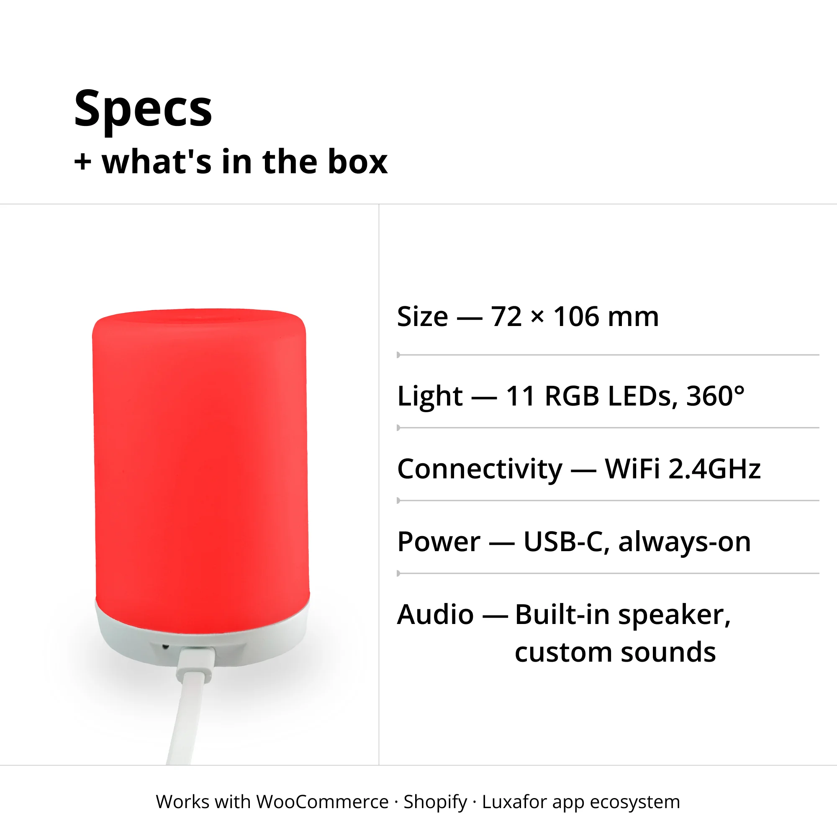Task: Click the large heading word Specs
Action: pos(143,109)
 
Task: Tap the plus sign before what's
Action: pos(83,162)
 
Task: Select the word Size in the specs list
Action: pos(422,317)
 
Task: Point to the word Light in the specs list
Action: pos(430,396)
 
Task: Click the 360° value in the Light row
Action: pos(715,396)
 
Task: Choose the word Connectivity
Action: pos(480,469)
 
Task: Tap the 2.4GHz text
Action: pos(715,469)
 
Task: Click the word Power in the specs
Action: pos(439,542)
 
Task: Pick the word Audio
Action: pos(435,615)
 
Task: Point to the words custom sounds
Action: pos(616,652)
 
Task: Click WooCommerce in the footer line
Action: pos(322,802)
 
